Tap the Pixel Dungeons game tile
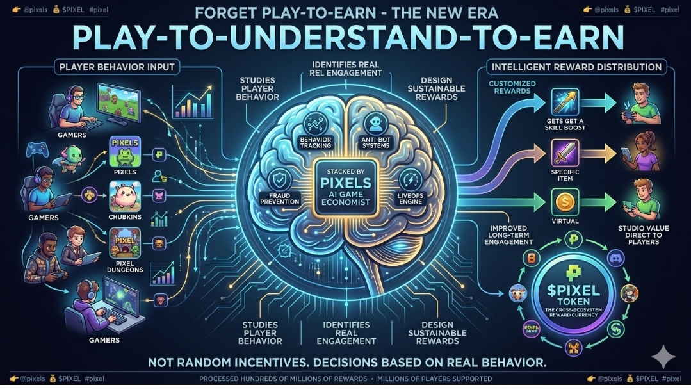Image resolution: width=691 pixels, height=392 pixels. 126,243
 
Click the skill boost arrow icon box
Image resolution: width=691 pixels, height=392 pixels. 565,102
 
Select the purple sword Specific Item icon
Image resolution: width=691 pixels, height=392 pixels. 565,154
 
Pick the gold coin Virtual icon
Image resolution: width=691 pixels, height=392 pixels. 565,201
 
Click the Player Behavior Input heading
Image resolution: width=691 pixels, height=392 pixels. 117,66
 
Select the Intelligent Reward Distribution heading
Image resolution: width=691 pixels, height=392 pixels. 576,67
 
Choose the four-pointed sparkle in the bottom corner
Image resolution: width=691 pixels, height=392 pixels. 662,356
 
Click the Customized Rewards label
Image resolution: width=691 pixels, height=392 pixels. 510,87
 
